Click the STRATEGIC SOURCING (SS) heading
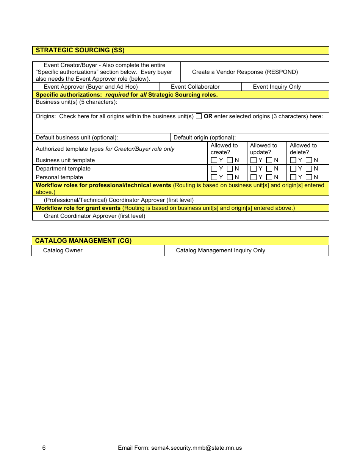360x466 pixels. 80,50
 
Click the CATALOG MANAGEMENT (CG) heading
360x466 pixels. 83,241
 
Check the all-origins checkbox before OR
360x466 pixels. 199,116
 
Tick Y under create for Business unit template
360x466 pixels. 214,160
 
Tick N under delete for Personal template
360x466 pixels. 309,177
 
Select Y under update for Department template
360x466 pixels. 254,169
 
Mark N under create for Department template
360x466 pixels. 230,169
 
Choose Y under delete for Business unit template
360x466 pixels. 293,160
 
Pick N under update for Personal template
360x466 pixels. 269,177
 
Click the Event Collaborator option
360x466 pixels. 195,87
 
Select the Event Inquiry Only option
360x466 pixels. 277,87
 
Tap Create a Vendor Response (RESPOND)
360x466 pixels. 245,72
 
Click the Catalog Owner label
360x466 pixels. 63,250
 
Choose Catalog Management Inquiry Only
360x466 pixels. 221,250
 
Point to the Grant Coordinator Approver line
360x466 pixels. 94,216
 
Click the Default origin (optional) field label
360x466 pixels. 205,138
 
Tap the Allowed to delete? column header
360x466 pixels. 303,149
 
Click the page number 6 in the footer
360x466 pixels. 44,448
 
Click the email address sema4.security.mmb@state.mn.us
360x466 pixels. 196,448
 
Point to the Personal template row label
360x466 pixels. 59,177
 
